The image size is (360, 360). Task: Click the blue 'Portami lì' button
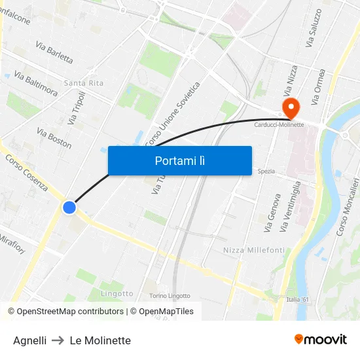coord(179,160)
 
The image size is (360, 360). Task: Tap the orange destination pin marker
coord(289,107)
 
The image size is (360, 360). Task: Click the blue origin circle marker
coord(69,207)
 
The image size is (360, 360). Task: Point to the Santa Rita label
coord(84,83)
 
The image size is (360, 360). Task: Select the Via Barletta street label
coord(54,53)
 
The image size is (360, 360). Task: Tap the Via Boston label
coord(54,138)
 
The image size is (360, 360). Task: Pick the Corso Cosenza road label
coord(27,172)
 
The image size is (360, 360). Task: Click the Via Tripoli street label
coord(77,109)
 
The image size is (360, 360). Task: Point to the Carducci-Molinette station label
coord(279,125)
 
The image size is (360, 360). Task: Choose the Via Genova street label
coord(272,213)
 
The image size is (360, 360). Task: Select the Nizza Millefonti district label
coord(254,250)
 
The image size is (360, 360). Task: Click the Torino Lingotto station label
coord(170,296)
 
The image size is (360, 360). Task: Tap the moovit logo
coord(321,340)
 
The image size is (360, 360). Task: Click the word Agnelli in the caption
coord(29,340)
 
